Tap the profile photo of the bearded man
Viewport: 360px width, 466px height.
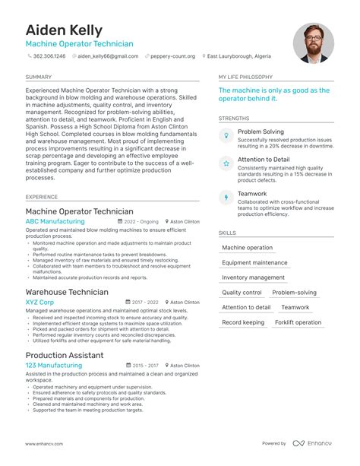314,43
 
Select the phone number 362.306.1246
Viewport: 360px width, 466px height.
50,56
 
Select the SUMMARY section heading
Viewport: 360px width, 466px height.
39,77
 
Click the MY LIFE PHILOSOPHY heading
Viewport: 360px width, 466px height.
245,77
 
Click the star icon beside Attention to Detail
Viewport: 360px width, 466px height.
225,163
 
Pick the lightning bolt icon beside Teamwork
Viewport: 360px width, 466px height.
225,198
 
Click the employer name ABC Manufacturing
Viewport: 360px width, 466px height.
55,221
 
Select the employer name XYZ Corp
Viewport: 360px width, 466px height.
39,302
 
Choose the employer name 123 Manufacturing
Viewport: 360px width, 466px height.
53,366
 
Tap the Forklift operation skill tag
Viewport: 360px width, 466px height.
298,322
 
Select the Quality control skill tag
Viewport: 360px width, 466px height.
242,293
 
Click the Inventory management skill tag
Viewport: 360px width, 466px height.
254,277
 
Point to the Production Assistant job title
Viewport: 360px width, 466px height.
65,355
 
